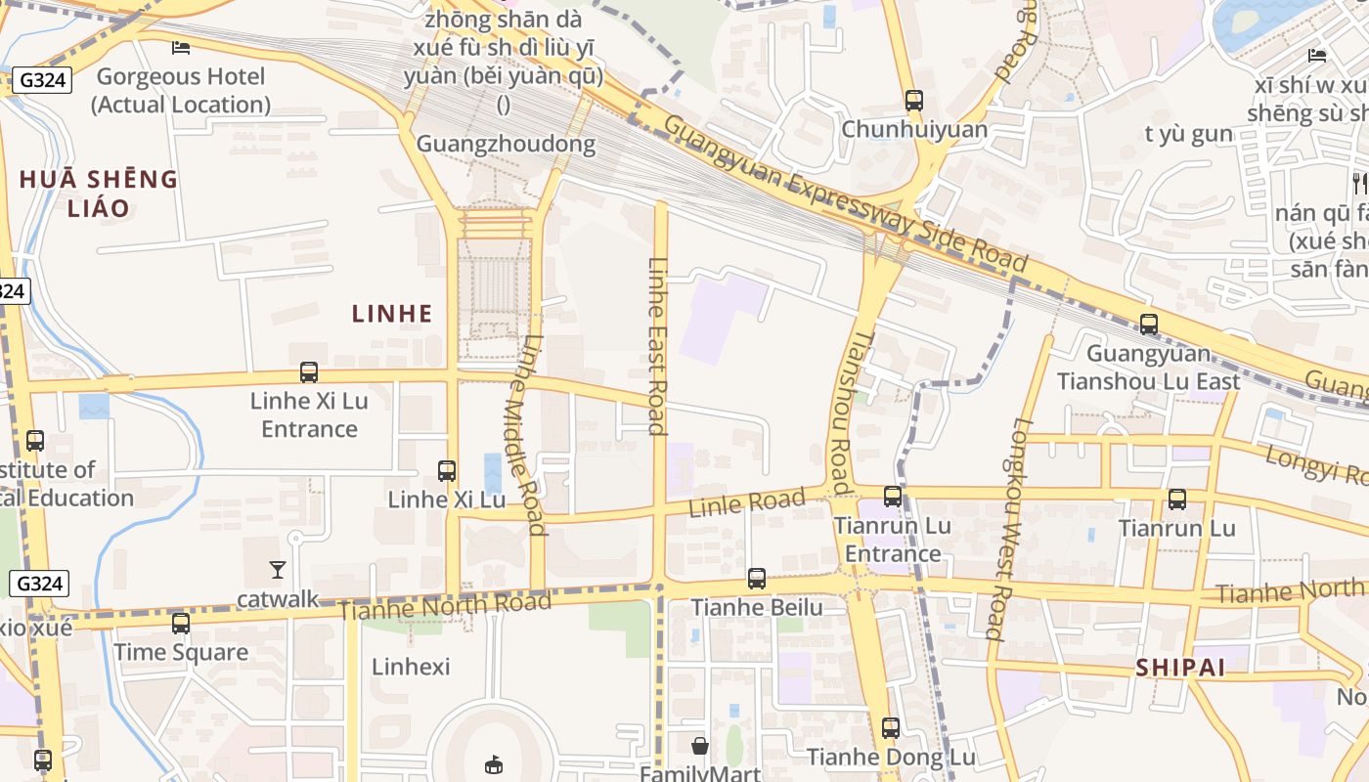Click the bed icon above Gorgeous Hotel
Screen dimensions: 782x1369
[181, 47]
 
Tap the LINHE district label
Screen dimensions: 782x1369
[392, 314]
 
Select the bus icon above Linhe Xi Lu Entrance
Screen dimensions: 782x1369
[309, 372]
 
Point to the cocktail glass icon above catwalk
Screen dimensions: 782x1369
[278, 569]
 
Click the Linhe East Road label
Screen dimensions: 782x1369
[658, 345]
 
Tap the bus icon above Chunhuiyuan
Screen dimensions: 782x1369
[914, 101]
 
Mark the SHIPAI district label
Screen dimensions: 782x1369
[1180, 668]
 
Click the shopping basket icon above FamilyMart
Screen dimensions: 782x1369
[700, 747]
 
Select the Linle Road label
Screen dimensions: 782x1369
[747, 503]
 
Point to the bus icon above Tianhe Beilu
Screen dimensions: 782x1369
[757, 579]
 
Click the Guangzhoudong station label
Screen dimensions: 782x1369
[506, 144]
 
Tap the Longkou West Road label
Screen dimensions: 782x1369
[1010, 529]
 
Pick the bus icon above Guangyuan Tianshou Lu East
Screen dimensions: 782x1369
[1149, 325]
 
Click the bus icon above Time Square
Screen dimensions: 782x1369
[181, 624]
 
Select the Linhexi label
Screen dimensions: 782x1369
[411, 667]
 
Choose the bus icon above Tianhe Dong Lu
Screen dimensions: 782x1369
[890, 728]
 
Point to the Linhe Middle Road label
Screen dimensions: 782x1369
[527, 435]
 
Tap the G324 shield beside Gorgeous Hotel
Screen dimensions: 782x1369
[42, 80]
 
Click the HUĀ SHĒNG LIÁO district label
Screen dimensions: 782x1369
[99, 193]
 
